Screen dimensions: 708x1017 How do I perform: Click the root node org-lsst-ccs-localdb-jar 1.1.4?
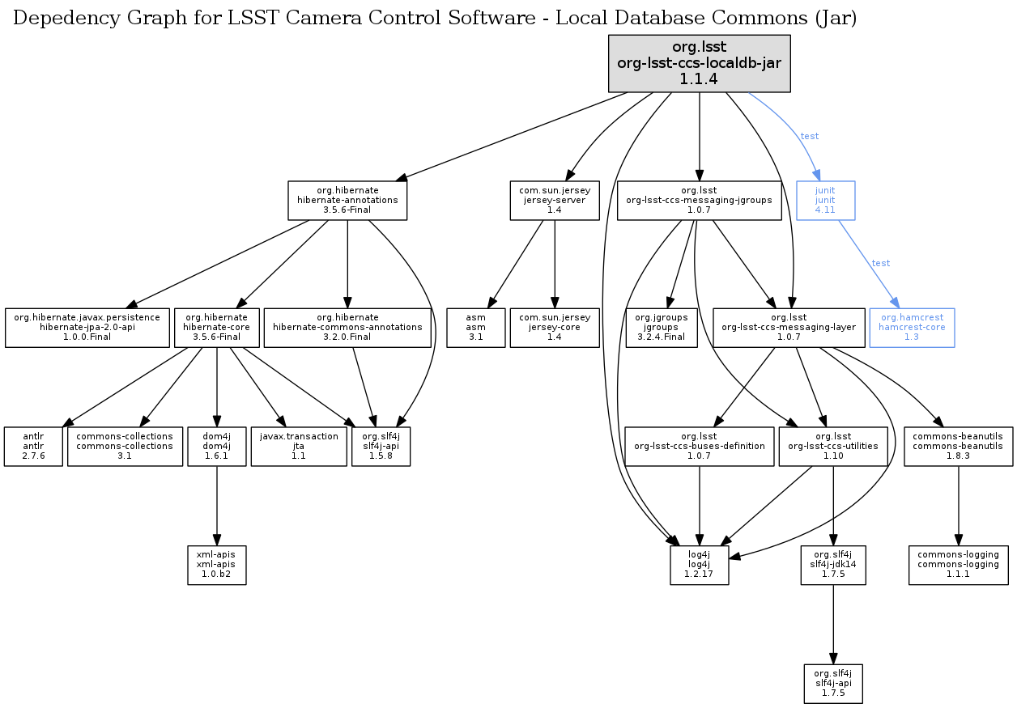pyautogui.click(x=699, y=63)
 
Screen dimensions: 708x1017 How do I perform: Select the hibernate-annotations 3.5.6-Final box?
pyautogui.click(x=347, y=201)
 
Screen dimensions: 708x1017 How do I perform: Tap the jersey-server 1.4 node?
pyautogui.click(x=555, y=201)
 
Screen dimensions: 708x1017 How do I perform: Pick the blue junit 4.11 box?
pyautogui.click(x=825, y=201)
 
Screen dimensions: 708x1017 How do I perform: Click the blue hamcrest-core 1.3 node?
pyautogui.click(x=912, y=328)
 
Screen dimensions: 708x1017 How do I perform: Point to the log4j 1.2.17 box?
pyautogui.click(x=699, y=565)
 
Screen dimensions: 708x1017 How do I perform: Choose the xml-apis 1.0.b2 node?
pyautogui.click(x=216, y=565)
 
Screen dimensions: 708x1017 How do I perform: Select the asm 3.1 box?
pyautogui.click(x=476, y=328)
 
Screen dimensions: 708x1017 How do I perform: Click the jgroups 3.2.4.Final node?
pyautogui.click(x=661, y=328)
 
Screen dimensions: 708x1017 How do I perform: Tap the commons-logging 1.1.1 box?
pyautogui.click(x=959, y=565)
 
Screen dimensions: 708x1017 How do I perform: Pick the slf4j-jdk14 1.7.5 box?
pyautogui.click(x=833, y=565)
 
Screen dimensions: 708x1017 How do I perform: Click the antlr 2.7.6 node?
pyautogui.click(x=33, y=446)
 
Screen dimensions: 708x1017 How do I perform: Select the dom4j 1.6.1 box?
pyautogui.click(x=216, y=446)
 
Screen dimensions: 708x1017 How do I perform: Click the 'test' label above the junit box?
pyautogui.click(x=809, y=136)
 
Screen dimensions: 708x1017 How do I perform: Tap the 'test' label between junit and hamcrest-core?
pyautogui.click(x=880, y=263)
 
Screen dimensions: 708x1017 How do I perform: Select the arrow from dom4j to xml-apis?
pyautogui.click(x=216, y=506)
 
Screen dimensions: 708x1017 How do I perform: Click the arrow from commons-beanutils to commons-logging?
pyautogui.click(x=959, y=506)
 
